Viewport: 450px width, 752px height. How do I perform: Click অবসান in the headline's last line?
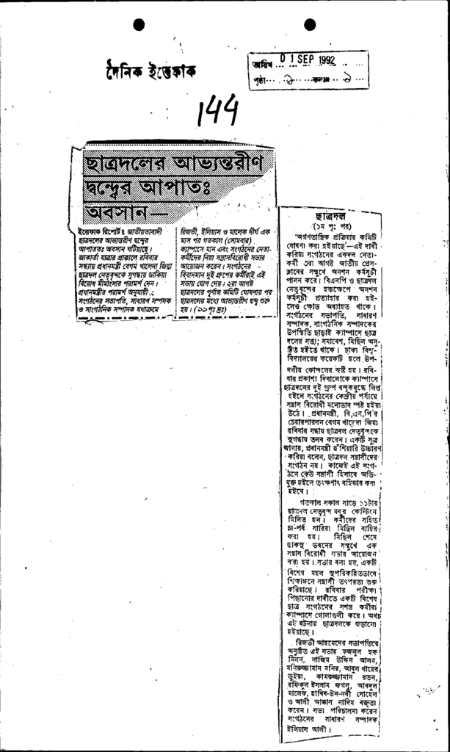109,214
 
